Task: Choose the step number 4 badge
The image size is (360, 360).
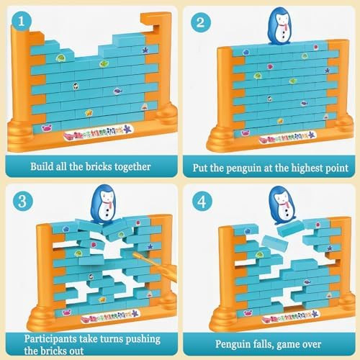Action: pyautogui.click(x=201, y=201)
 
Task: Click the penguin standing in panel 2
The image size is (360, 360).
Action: pyautogui.click(x=278, y=25)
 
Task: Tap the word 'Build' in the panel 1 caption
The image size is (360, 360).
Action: pyautogui.click(x=42, y=166)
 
